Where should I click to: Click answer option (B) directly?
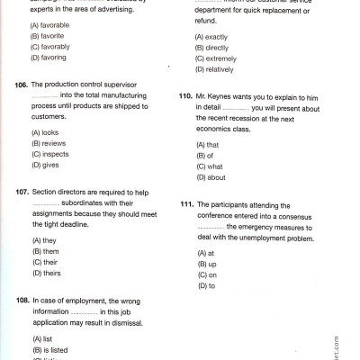214,48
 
